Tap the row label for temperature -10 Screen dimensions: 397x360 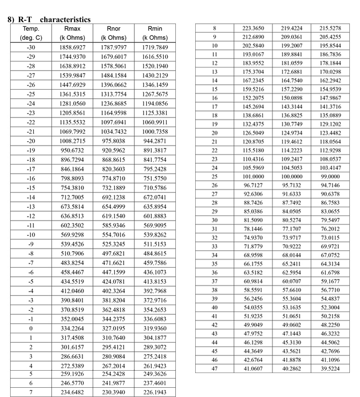tap(31, 234)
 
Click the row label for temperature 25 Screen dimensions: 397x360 tap(214, 176)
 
